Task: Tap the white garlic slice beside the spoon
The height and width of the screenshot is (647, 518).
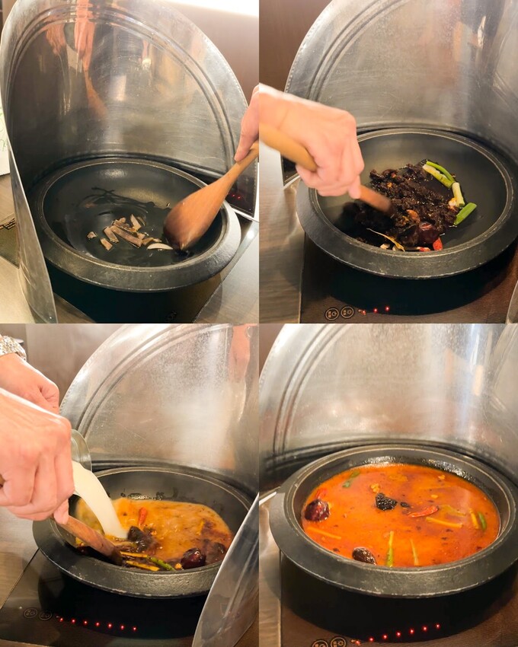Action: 159,246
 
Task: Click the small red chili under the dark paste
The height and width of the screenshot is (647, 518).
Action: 437,244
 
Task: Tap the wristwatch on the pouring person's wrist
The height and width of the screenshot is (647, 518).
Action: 11,346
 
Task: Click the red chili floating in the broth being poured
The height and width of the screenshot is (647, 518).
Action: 142,517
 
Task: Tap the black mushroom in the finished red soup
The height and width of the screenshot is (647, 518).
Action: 385,502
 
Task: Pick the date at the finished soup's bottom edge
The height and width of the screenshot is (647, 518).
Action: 364,555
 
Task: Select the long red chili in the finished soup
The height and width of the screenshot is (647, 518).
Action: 424,511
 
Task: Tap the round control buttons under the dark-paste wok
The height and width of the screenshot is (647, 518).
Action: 339,313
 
